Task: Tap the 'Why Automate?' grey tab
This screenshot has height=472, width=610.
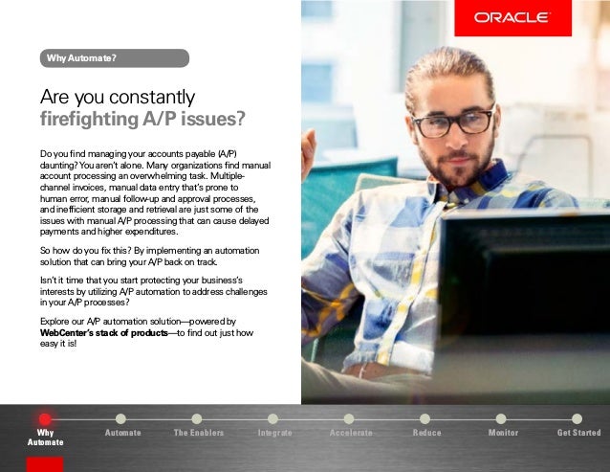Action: [115, 58]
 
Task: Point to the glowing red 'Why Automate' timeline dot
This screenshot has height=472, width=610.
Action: [45, 418]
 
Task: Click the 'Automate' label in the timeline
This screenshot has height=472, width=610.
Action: [122, 434]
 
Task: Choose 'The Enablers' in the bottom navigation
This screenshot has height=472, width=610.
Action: [198, 434]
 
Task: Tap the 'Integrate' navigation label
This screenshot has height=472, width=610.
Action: [274, 434]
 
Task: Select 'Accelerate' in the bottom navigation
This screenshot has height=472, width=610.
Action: [350, 434]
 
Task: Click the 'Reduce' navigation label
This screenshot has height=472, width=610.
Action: [426, 434]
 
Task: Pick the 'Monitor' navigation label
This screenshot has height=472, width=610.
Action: [503, 434]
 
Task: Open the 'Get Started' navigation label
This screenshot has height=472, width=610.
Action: [578, 434]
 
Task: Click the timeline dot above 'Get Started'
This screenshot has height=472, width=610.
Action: [577, 418]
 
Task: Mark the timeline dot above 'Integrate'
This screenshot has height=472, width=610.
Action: [273, 418]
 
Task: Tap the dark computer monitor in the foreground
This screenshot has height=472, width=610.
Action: [526, 287]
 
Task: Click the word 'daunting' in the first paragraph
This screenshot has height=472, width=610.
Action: [58, 165]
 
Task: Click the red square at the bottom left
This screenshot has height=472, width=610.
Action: [45, 464]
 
